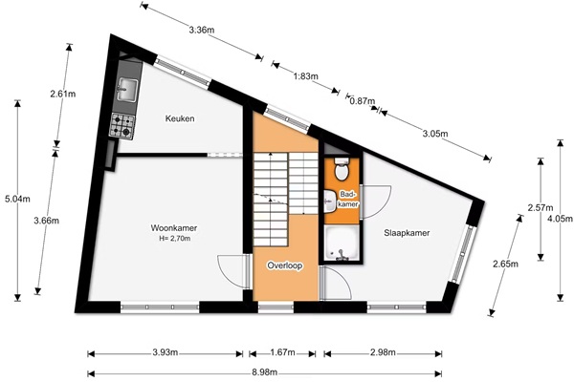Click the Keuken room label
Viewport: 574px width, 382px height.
pos(180,118)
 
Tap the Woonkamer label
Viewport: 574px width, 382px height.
pos(174,228)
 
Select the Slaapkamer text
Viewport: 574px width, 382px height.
pos(407,233)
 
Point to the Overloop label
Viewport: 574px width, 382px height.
pos(285,265)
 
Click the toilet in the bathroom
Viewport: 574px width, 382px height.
pos(342,169)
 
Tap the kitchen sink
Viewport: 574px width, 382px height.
pos(126,89)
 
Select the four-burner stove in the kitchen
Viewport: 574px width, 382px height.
pos(122,125)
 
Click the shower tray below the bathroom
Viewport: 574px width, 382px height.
pos(342,243)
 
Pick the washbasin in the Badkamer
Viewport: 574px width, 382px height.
pos(330,201)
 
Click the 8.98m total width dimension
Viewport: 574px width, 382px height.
pos(264,372)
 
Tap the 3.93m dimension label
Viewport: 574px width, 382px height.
pos(166,352)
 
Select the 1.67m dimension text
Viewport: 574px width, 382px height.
pos(282,352)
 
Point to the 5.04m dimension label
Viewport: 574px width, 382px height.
pos(17,199)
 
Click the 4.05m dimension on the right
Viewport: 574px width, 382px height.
pos(560,219)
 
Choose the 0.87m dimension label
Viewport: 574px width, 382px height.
pos(363,101)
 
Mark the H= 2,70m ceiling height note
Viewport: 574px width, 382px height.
pos(175,239)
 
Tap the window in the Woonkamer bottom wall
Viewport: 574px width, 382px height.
pos(160,308)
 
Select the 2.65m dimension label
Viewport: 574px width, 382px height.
pos(505,264)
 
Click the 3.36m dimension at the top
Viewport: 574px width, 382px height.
pos(202,30)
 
